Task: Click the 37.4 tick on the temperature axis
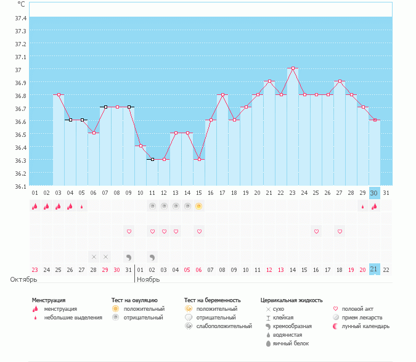pyautogui.click(x=20, y=18)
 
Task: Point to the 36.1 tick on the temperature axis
pyautogui.click(x=20, y=186)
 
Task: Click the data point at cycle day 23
pyautogui.click(x=293, y=68)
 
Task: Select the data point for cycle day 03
pyautogui.click(x=59, y=94)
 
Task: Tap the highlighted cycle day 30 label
pyautogui.click(x=374, y=192)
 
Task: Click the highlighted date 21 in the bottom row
pyautogui.click(x=374, y=269)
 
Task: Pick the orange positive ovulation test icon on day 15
pyautogui.click(x=199, y=206)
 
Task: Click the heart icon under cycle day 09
pyautogui.click(x=129, y=231)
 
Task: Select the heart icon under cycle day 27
pyautogui.click(x=339, y=231)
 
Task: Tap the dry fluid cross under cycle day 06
pyautogui.click(x=94, y=257)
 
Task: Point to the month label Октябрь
pyautogui.click(x=24, y=279)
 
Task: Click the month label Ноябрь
pyautogui.click(x=148, y=279)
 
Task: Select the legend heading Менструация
pyautogui.click(x=49, y=300)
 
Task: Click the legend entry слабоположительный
pyautogui.click(x=223, y=326)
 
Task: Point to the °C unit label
pyautogui.click(x=22, y=4)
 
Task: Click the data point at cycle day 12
pyautogui.click(x=164, y=159)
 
